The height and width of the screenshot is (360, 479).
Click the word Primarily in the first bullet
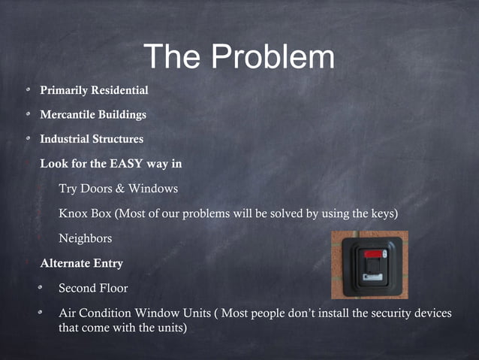(63, 91)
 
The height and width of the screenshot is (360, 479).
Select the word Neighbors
(85, 238)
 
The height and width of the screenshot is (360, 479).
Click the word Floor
(113, 288)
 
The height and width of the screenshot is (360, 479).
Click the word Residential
(119, 91)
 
